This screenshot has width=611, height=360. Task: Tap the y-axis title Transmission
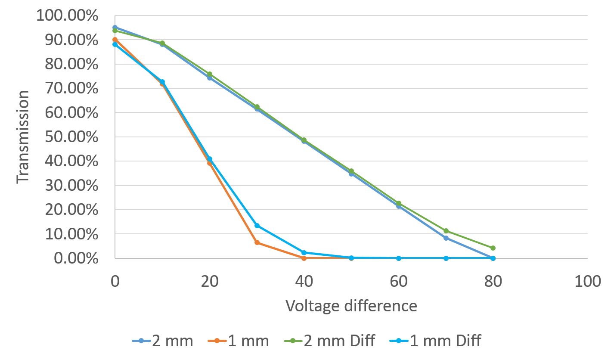point(23,137)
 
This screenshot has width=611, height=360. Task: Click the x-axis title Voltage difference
point(351,306)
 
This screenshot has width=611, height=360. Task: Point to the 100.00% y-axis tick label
point(67,16)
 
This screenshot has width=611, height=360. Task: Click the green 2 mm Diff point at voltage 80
point(493,248)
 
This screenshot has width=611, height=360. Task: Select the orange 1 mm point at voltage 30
point(257,242)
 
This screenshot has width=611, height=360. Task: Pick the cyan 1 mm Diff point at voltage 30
point(257,226)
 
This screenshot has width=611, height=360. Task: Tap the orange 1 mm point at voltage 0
point(115,40)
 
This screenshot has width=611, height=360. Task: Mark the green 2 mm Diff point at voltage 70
point(446,231)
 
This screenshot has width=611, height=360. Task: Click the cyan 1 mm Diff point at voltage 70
point(446,258)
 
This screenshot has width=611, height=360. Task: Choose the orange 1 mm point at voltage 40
point(304,258)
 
